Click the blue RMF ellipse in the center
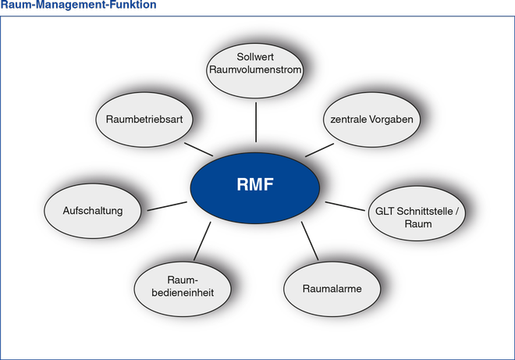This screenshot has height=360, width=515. click(x=255, y=188)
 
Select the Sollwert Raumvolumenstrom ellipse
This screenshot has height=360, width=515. click(x=255, y=71)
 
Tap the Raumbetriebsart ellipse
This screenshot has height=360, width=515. click(x=144, y=119)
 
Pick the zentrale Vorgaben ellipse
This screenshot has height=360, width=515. click(x=371, y=119)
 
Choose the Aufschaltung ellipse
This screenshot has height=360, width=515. click(x=93, y=211)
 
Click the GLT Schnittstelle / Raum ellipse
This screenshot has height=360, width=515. click(x=417, y=213)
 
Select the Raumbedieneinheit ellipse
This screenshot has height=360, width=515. click(x=183, y=289)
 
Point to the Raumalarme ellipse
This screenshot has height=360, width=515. click(x=332, y=289)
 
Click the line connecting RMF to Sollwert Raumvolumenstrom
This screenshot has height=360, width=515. click(x=256, y=122)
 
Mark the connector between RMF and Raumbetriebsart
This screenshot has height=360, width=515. click(x=198, y=149)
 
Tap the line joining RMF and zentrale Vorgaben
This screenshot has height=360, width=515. click(x=319, y=150)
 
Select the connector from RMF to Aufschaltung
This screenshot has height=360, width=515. click(x=167, y=206)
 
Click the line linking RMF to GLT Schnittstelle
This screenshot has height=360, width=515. click(x=345, y=206)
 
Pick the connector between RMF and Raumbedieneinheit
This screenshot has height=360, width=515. click(x=202, y=241)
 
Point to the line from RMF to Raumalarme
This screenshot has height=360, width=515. click(x=310, y=241)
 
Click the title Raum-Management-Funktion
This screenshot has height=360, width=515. click(x=78, y=5)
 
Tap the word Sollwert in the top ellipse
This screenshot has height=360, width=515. click(x=255, y=57)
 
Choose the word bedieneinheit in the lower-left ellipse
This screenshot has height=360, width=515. click(x=183, y=293)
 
